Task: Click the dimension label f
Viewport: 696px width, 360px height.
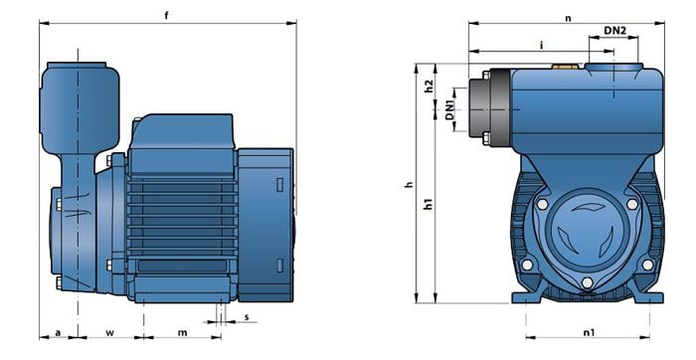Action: tap(167, 15)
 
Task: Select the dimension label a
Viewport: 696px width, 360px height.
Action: tap(58, 332)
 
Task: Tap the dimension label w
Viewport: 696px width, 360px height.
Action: tap(110, 332)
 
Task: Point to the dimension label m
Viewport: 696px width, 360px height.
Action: tap(182, 332)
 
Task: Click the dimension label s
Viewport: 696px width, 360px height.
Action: tap(247, 317)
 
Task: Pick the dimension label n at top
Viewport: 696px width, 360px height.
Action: tap(568, 19)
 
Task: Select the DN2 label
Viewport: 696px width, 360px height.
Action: tap(615, 31)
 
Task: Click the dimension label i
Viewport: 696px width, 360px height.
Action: tap(541, 45)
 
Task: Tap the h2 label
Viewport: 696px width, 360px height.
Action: tap(429, 86)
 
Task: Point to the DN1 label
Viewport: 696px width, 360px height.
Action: tap(450, 109)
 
